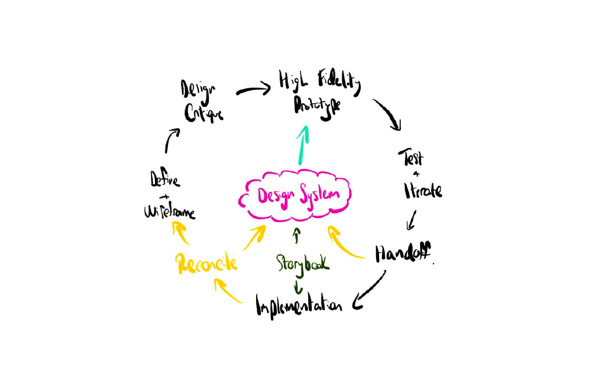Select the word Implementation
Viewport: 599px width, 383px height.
tap(298, 304)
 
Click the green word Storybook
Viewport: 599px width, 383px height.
tap(303, 264)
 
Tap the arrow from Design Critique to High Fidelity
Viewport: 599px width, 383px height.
tap(253, 90)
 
